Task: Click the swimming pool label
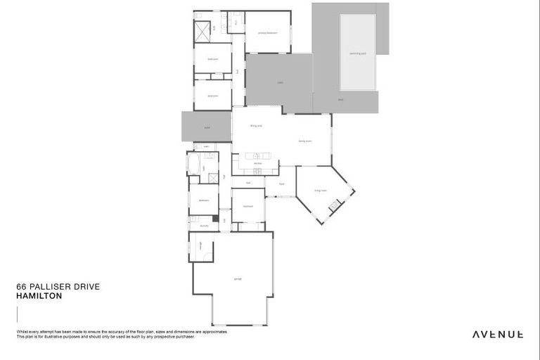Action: click(x=357, y=53)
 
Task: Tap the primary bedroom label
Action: click(x=267, y=33)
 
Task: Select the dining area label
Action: click(x=256, y=126)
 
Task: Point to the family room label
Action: click(x=305, y=141)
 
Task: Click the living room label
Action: click(x=321, y=190)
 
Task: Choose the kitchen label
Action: click(x=258, y=162)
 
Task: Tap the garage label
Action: click(x=238, y=279)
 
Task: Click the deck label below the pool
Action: click(x=340, y=100)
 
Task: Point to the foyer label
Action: click(x=281, y=184)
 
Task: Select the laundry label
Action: click(x=204, y=226)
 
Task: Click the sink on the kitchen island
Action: click(x=257, y=155)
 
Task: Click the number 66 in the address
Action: click(x=20, y=287)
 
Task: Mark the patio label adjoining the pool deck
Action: click(x=280, y=83)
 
